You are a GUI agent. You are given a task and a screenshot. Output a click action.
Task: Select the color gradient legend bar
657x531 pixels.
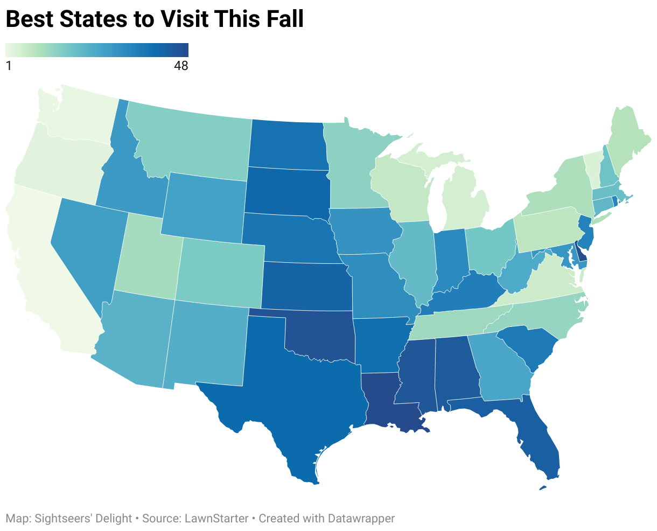point(97,50)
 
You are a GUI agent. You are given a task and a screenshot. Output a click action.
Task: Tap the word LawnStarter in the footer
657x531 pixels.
point(216,519)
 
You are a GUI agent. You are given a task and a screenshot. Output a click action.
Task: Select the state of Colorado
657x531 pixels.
point(221,269)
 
